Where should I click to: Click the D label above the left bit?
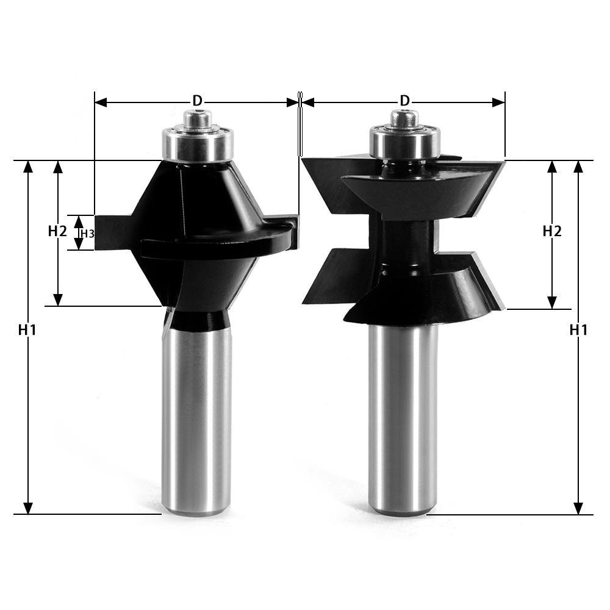pyautogui.click(x=197, y=100)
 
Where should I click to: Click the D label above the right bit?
pyautogui.click(x=404, y=100)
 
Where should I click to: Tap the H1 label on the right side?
pyautogui.click(x=578, y=330)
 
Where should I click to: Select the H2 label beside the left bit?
pyautogui.click(x=57, y=231)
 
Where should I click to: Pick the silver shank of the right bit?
pyautogui.click(x=403, y=421)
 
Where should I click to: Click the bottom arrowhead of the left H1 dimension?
pyautogui.click(x=27, y=508)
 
